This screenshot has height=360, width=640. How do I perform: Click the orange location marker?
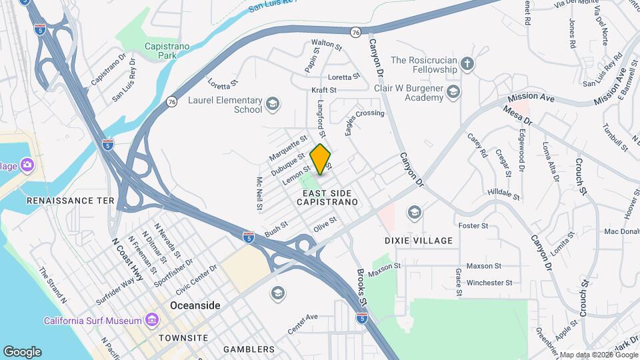point(321,159)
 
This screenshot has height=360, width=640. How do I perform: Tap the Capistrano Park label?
point(167,51)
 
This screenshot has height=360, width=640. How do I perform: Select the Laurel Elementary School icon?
point(272,103)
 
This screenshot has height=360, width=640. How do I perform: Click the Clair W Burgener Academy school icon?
point(453,91)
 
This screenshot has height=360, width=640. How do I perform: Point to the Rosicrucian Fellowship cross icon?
point(467,64)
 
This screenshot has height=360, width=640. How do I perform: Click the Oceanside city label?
point(195,305)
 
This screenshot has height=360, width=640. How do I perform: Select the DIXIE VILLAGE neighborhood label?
point(419,241)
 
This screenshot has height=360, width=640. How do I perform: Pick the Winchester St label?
point(489,283)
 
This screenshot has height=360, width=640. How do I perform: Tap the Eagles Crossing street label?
point(365,118)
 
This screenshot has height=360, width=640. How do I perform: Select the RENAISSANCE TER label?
point(70,200)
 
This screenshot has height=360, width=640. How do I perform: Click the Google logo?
point(21,352)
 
